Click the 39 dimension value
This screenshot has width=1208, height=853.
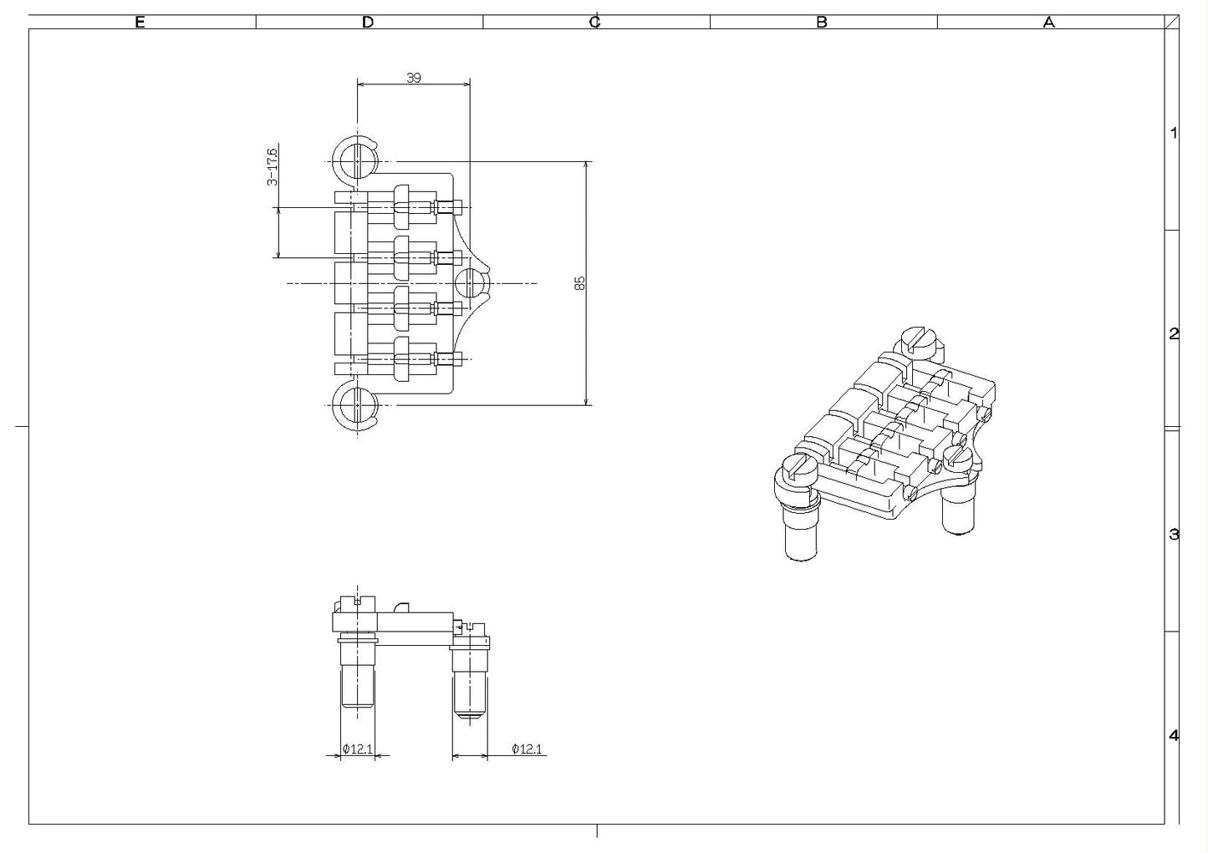point(413,78)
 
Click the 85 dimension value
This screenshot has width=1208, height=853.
point(579,282)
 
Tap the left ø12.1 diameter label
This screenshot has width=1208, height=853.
point(357,749)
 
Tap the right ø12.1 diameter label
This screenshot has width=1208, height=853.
point(527,749)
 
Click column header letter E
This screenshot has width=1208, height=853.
point(140,23)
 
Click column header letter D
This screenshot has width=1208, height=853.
point(368,23)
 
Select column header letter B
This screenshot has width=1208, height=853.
point(822,23)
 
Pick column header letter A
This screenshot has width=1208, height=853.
point(1048,23)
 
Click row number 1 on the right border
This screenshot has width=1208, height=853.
point(1174,133)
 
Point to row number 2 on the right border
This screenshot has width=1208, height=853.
point(1174,334)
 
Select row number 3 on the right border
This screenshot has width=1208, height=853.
point(1174,535)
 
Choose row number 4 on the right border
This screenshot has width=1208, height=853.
point(1174,736)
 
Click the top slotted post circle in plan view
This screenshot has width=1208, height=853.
point(357,159)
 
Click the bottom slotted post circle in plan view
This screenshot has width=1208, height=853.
point(357,407)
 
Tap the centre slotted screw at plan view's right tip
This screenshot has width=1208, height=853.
point(472,284)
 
